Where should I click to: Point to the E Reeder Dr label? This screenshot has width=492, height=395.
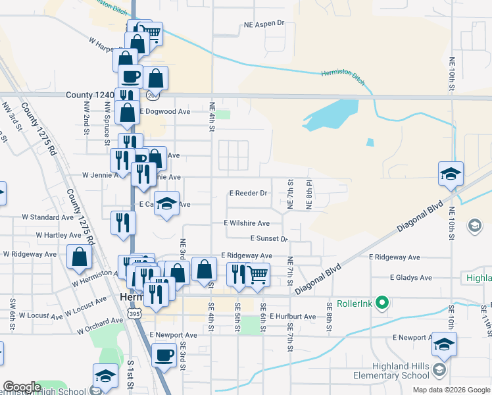[247, 194]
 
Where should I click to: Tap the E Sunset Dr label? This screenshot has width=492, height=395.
[269, 238]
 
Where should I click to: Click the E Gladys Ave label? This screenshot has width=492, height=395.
[410, 278]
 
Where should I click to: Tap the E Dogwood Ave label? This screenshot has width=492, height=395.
[164, 111]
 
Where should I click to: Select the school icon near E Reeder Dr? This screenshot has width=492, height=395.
[167, 203]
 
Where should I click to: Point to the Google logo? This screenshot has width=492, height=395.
[22, 387]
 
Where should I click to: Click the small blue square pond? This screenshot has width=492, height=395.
[370, 142]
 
